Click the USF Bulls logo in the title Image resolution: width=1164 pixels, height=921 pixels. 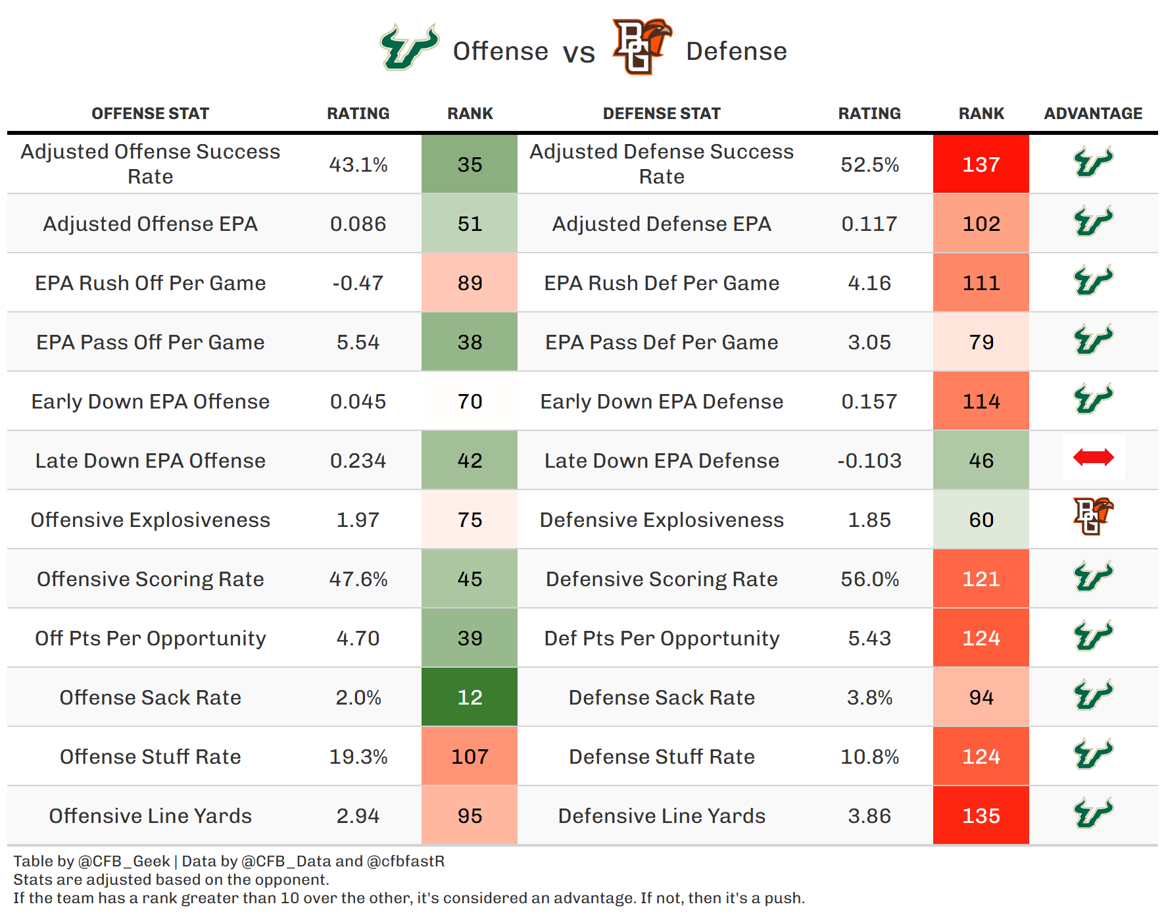click(x=409, y=47)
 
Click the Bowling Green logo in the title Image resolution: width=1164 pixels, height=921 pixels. click(x=641, y=46)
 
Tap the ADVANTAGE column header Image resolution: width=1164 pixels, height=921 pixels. click(x=1093, y=114)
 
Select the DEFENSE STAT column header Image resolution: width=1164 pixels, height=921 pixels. click(x=662, y=114)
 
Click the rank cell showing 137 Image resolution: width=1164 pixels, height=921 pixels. click(x=981, y=164)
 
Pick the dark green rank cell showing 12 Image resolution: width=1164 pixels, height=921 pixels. click(x=470, y=697)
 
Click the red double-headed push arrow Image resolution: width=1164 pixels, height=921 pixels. click(x=1093, y=457)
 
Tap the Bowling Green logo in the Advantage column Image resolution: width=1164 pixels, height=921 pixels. click(x=1093, y=516)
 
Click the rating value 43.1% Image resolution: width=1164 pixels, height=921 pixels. click(x=358, y=164)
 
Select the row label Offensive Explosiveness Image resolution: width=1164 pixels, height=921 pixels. click(x=151, y=520)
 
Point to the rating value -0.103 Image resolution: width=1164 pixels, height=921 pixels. click(x=869, y=460)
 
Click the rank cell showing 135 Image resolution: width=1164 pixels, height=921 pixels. click(x=981, y=815)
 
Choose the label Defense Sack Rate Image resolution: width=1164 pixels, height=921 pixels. click(x=662, y=697)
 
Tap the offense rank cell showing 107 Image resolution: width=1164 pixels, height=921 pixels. click(x=470, y=756)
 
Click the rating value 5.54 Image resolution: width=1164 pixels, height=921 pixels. click(x=358, y=342)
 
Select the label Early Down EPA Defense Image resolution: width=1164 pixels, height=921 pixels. click(x=662, y=401)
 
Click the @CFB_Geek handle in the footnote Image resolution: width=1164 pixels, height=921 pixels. click(x=124, y=861)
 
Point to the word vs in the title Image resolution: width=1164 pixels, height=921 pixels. click(x=579, y=53)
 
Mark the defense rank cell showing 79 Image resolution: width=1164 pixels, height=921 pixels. click(x=981, y=341)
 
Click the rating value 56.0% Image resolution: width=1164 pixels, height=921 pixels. click(x=869, y=579)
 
